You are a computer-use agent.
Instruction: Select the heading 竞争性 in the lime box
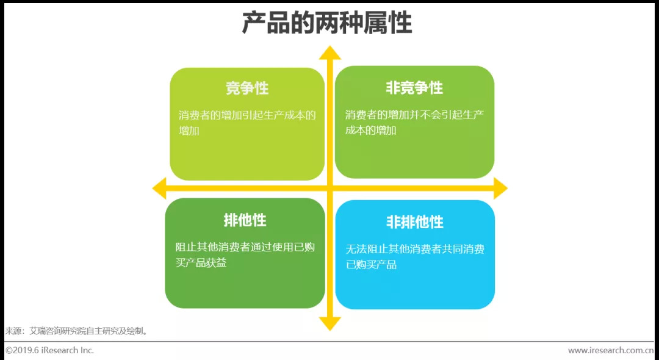pyautogui.click(x=247, y=88)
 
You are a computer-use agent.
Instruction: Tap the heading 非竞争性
pyautogui.click(x=414, y=88)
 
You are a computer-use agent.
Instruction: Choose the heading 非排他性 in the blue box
pyautogui.click(x=414, y=221)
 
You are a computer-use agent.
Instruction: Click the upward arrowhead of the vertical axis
pyautogui.click(x=330, y=52)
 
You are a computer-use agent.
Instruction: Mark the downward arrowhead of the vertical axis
pyautogui.click(x=330, y=323)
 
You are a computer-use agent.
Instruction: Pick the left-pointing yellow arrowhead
pyautogui.click(x=159, y=189)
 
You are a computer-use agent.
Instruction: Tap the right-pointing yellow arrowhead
pyautogui.click(x=500, y=189)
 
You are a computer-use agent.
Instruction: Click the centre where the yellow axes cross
pyautogui.click(x=330, y=189)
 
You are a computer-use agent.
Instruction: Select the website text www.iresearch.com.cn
pyautogui.click(x=611, y=350)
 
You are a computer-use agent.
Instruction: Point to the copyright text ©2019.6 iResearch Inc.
pyautogui.click(x=49, y=350)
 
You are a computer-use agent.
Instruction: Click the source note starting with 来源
pyautogui.click(x=77, y=331)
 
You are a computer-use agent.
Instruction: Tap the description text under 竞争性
pyautogui.click(x=247, y=123)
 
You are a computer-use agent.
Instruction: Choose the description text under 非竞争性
pyautogui.click(x=414, y=123)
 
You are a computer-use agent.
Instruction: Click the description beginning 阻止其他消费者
pyautogui.click(x=245, y=255)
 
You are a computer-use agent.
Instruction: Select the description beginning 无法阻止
pyautogui.click(x=415, y=257)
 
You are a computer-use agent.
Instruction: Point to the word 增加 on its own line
pyautogui.click(x=189, y=131)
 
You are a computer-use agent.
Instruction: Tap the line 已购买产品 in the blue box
pyautogui.click(x=372, y=265)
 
